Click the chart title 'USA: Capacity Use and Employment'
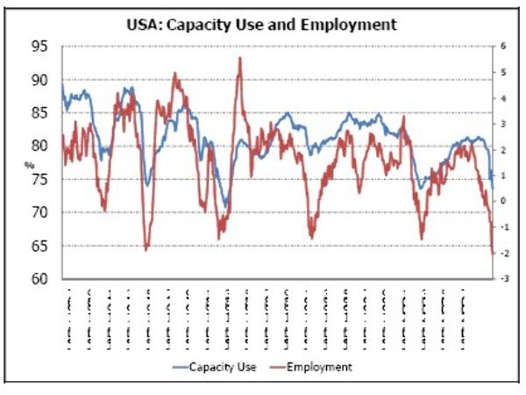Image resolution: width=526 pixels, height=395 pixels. tap(261, 25)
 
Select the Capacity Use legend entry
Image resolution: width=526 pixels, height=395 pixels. tap(219, 366)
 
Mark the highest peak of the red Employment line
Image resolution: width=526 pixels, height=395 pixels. tap(239, 58)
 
